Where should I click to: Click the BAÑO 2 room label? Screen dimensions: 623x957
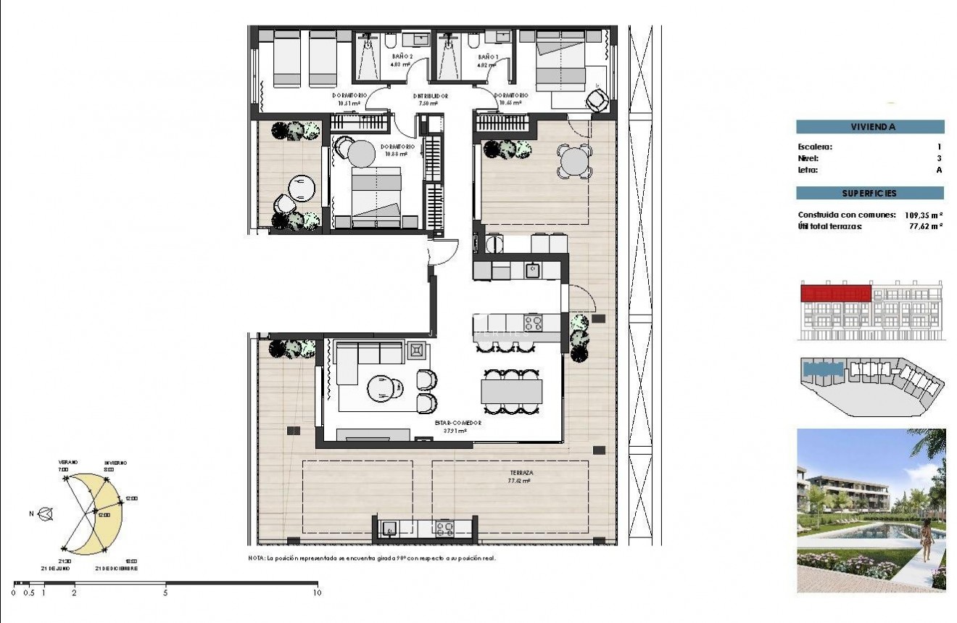402,56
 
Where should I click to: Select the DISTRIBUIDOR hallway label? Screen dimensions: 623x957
431,96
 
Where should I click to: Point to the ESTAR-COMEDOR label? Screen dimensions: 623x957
458,422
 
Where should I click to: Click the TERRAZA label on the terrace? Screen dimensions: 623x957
521,472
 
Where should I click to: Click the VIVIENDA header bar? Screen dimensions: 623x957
870,127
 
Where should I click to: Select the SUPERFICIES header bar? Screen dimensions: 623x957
870,194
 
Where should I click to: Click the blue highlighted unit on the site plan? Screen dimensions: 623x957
823,369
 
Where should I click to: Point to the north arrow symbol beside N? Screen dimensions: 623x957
47,514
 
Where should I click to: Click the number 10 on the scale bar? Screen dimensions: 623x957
317,593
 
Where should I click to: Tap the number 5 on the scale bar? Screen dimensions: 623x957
166,593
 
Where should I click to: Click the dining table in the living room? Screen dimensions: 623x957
512,392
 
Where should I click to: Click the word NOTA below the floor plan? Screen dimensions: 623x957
256,558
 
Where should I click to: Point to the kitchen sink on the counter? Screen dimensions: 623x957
532,271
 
